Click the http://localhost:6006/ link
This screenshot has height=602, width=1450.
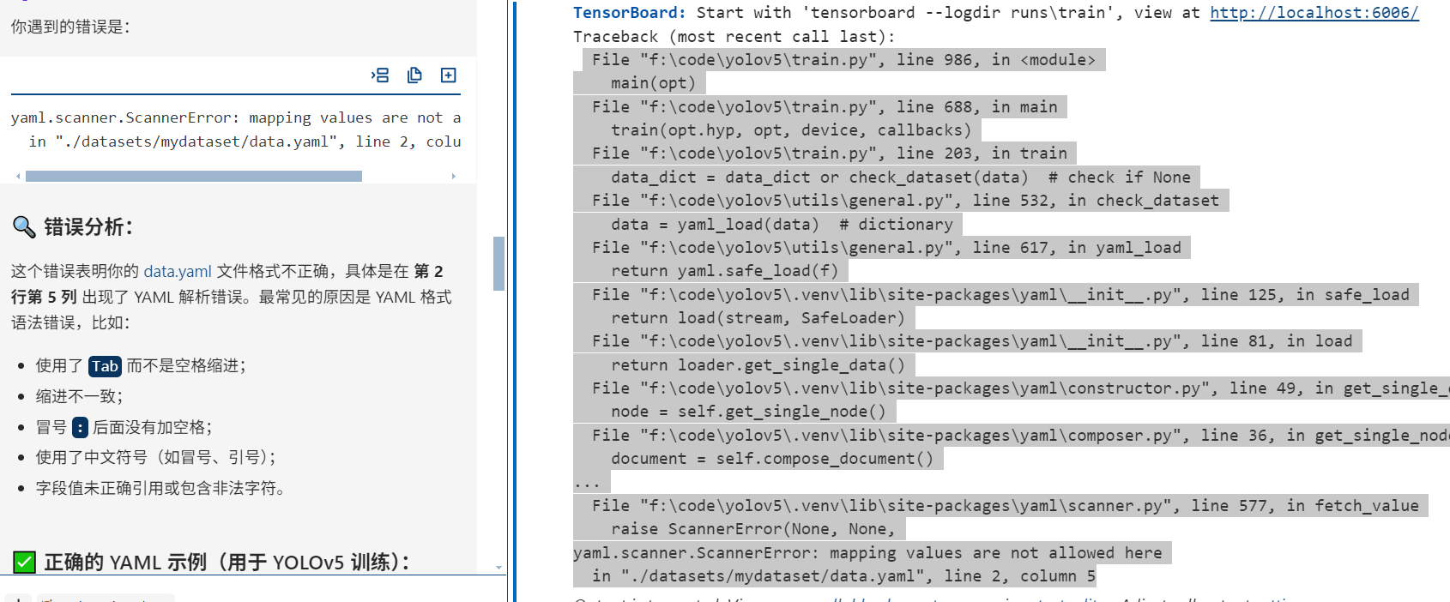tap(1314, 13)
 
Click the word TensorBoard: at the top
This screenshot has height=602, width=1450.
tap(629, 13)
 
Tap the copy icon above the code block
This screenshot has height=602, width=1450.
tap(414, 75)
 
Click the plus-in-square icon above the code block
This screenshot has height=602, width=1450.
tap(448, 75)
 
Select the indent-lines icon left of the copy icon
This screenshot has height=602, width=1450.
tap(380, 75)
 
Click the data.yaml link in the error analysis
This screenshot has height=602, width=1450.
tap(177, 272)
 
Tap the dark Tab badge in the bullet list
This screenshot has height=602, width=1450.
tap(105, 366)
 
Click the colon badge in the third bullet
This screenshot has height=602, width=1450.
tap(80, 427)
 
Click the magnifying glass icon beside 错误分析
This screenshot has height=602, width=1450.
tap(23, 227)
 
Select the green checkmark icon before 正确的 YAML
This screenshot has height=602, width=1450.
tap(24, 563)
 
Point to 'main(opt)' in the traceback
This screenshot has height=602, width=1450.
tap(653, 83)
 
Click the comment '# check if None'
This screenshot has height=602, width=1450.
tap(1119, 178)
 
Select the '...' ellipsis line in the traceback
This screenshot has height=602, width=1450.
tap(587, 484)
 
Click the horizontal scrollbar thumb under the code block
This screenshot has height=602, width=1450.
tap(193, 176)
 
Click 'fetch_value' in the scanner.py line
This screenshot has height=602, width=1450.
tap(1367, 506)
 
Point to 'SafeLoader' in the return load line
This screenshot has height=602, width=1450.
tap(853, 318)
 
